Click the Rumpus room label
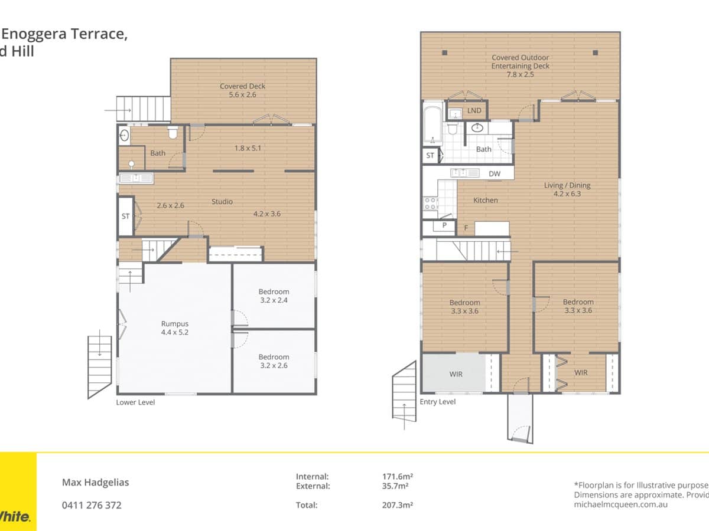click(175, 327)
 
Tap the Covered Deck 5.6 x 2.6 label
click(242, 90)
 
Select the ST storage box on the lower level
click(125, 217)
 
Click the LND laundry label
click(474, 111)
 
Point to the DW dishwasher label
click(495, 173)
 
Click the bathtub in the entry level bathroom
click(432, 124)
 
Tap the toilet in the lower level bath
click(173, 132)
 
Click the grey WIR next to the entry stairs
click(456, 374)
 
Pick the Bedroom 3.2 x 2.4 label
click(274, 296)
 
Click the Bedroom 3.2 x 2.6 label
click(274, 361)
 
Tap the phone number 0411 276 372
click(92, 505)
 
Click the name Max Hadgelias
click(95, 482)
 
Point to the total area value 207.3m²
click(397, 505)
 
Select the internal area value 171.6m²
click(397, 476)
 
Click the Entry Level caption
click(437, 402)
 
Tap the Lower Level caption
click(135, 402)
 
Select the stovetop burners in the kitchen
click(430, 204)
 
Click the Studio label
click(222, 202)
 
